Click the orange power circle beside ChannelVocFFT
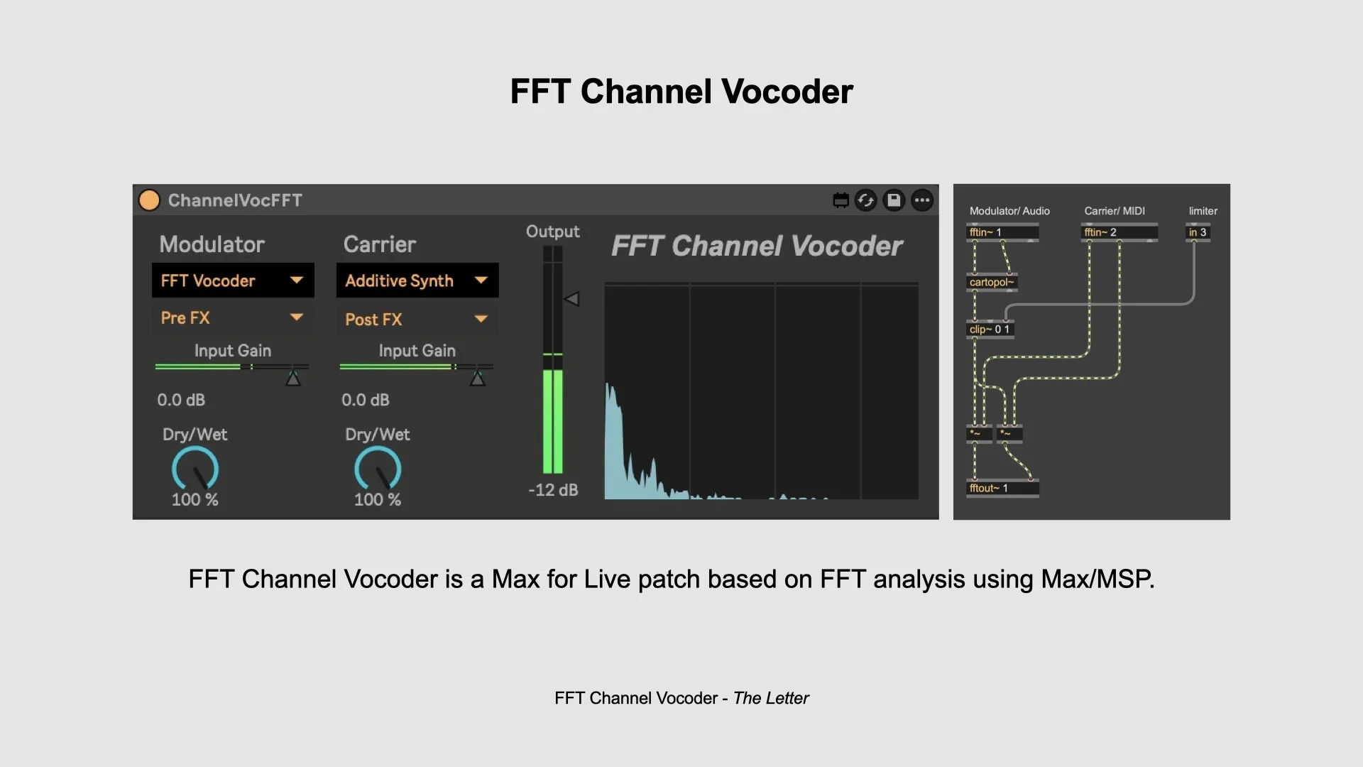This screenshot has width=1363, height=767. coord(149,200)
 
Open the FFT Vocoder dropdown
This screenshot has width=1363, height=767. coord(233,281)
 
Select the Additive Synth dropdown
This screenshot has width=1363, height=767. coord(417,281)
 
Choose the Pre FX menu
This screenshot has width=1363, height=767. coord(233,317)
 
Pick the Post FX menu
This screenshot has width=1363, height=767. coord(417,319)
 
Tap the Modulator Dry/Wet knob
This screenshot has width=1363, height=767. coord(195,469)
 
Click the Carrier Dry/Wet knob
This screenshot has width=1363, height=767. coord(378,469)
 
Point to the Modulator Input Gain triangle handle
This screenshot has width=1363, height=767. coord(293,379)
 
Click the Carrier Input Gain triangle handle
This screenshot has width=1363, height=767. coord(478,379)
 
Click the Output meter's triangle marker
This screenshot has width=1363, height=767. coord(571,299)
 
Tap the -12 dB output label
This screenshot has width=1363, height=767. coord(553,490)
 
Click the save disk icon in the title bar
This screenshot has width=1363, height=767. coord(894,200)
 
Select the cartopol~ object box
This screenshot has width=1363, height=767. coord(992,282)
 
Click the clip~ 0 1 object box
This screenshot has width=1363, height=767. coord(990,330)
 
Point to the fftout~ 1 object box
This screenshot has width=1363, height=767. coord(1002,488)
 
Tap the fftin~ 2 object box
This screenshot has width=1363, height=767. coord(1119,232)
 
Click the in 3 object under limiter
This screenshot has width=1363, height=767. coord(1198,232)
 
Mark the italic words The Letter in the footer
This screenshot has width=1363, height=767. coord(771,698)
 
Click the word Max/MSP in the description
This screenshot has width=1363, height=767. coord(1097,579)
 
